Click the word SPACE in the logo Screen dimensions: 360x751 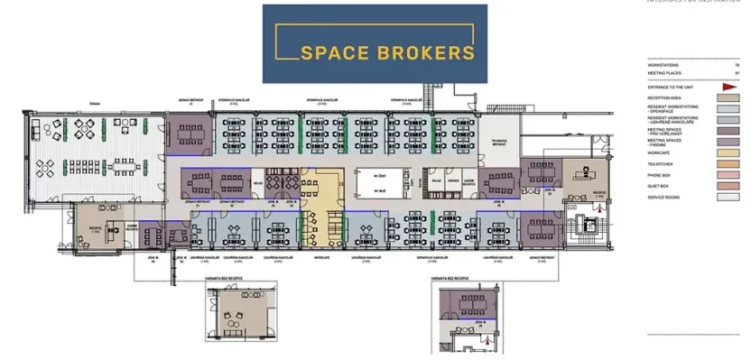point(333,52)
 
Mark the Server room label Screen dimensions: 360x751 point(454,181)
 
